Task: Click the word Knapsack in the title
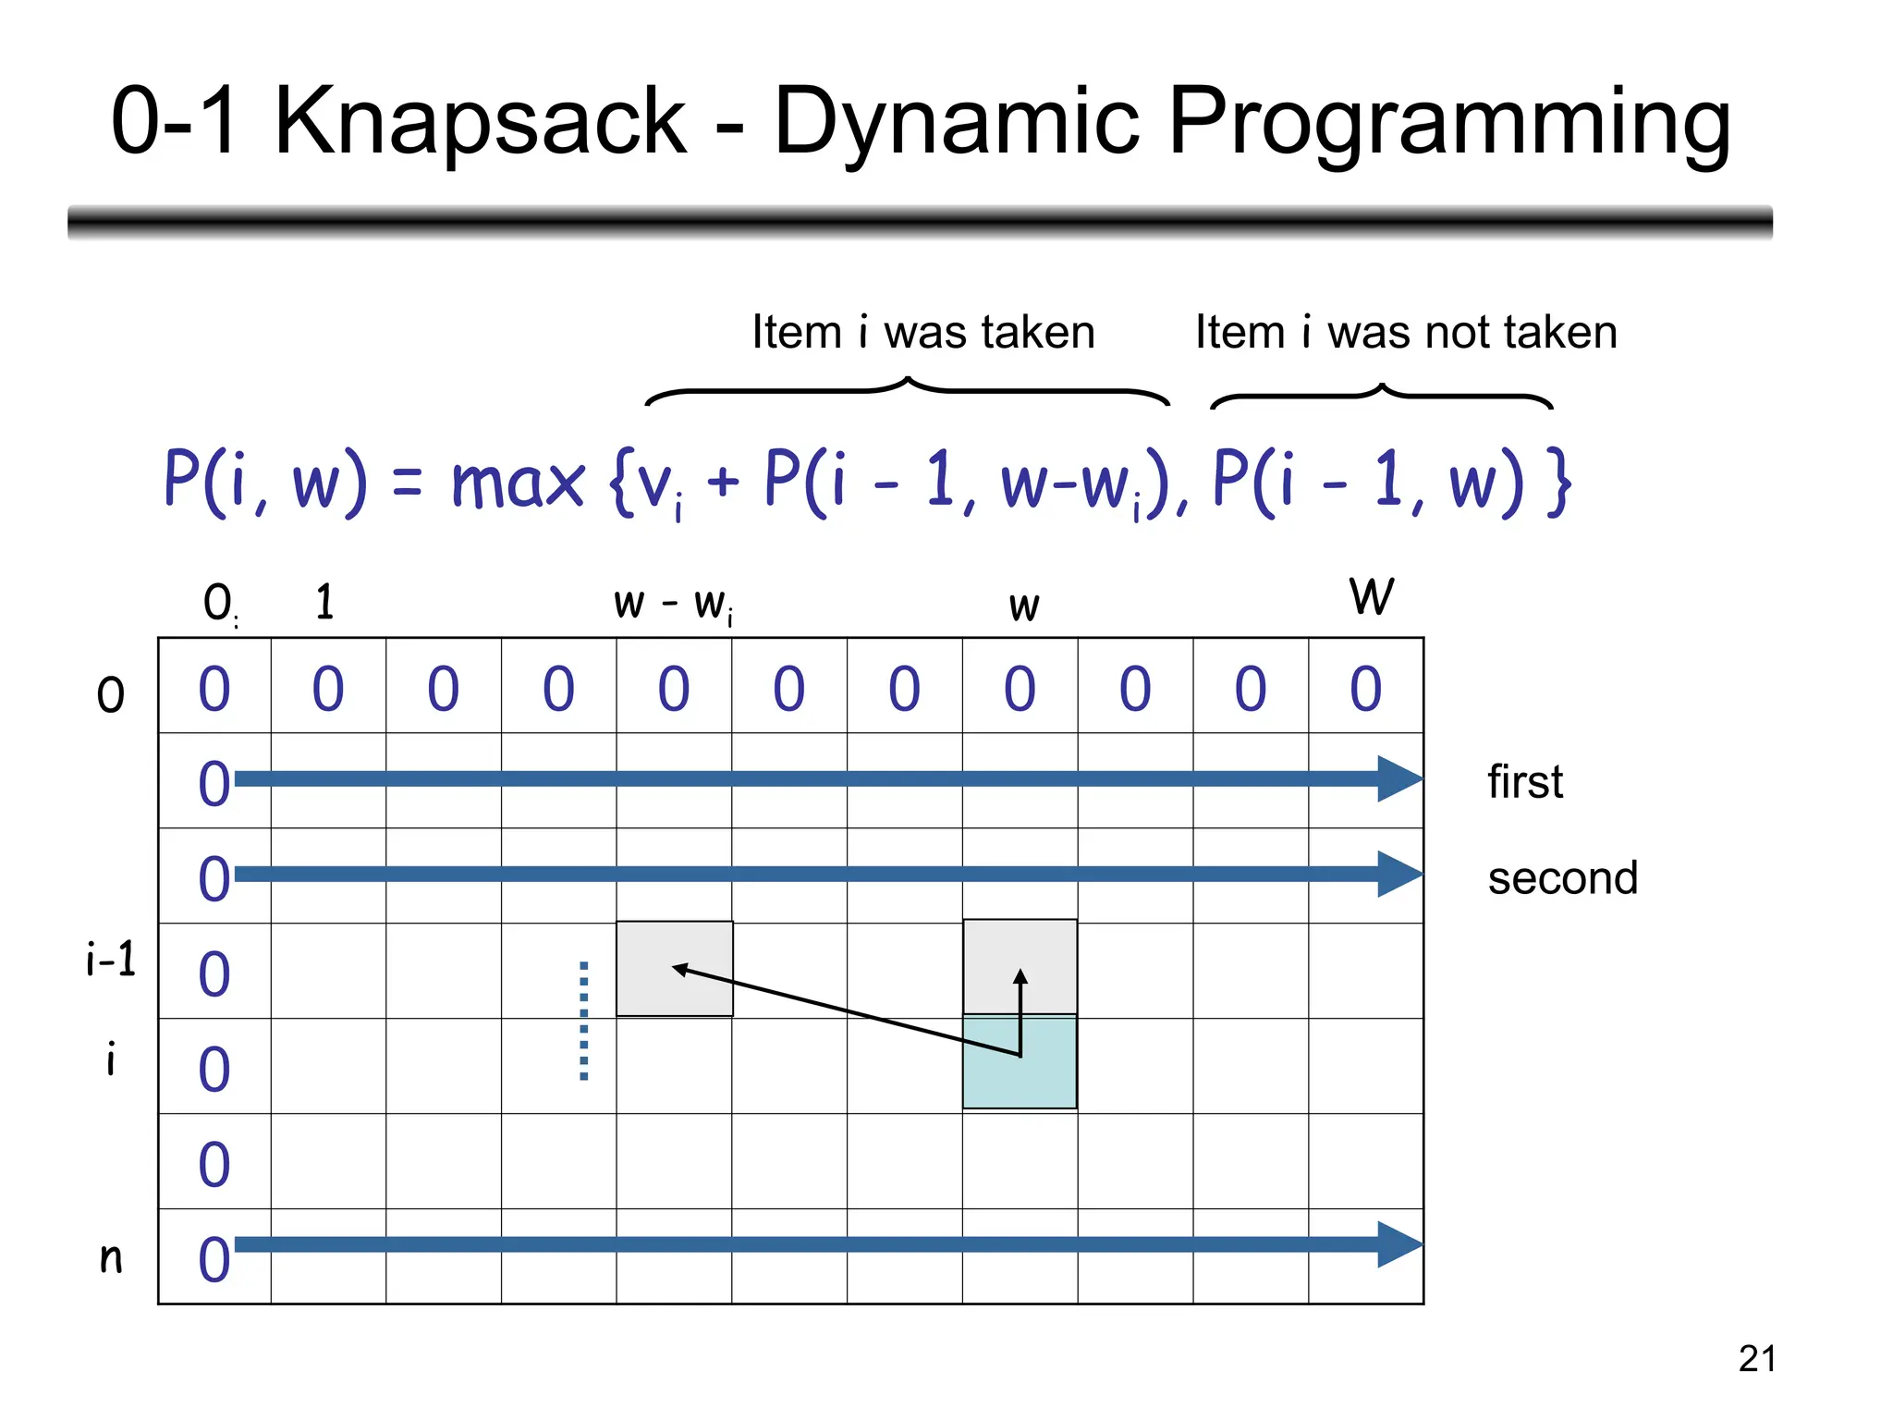click(480, 121)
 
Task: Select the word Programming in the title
click(1449, 123)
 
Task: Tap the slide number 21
click(1756, 1359)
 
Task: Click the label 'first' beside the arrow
click(1525, 782)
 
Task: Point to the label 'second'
click(1562, 878)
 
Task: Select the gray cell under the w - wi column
click(674, 969)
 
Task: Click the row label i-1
click(110, 960)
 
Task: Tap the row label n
click(111, 1257)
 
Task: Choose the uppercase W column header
click(1371, 596)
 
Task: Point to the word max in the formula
click(518, 483)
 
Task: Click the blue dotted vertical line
click(583, 1021)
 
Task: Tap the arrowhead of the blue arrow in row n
click(1398, 1244)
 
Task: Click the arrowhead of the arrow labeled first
click(1398, 779)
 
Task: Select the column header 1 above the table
click(324, 602)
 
